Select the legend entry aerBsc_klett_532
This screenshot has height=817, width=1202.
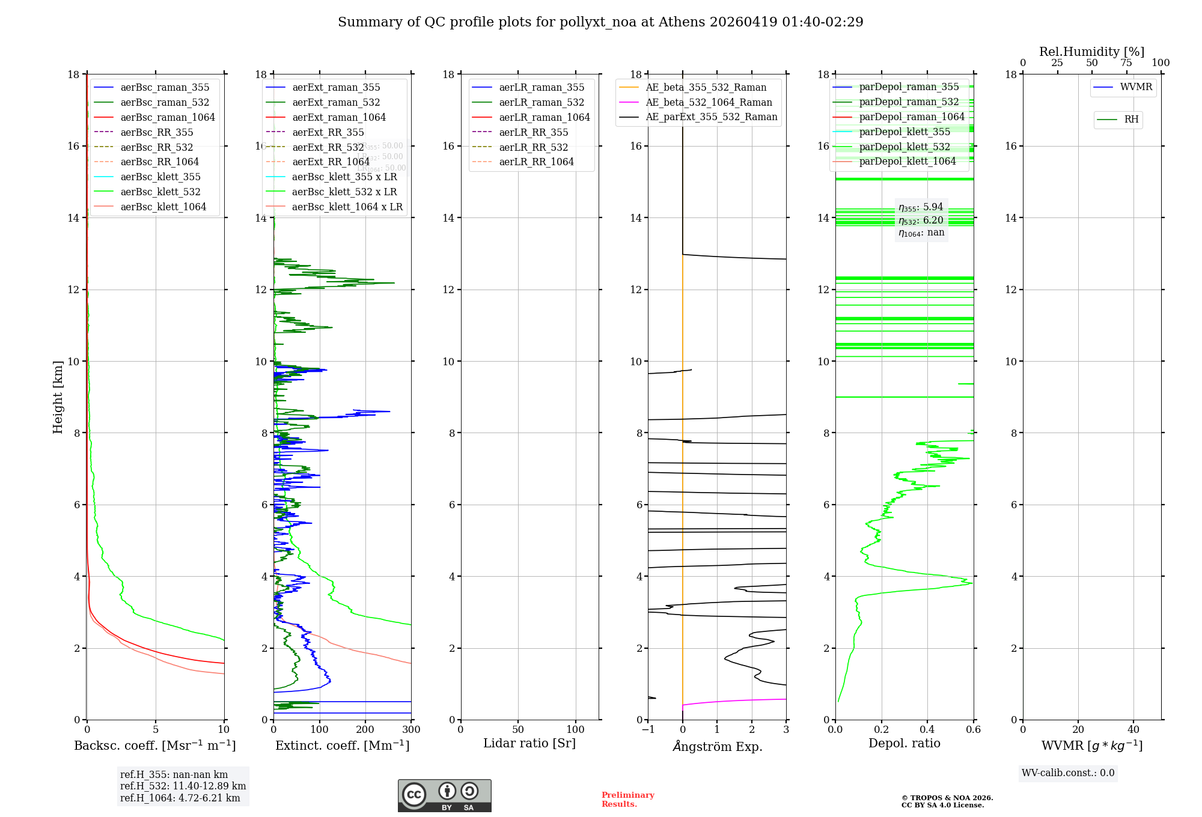click(160, 192)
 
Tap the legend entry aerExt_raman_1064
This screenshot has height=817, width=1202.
click(339, 117)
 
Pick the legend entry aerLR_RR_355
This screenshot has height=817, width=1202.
click(533, 132)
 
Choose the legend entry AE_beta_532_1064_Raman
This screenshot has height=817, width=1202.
click(709, 102)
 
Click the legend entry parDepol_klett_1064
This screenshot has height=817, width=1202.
click(907, 161)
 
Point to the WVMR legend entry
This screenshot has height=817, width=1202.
click(1135, 87)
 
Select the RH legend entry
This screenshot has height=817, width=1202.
click(1130, 120)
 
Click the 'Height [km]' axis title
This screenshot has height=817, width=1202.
click(58, 396)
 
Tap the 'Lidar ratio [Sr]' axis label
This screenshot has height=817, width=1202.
click(529, 743)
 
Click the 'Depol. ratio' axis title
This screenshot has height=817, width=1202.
click(904, 743)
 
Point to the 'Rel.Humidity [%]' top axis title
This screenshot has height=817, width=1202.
click(1091, 52)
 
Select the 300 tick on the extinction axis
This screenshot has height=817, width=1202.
click(411, 729)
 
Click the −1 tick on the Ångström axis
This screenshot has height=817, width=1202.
click(647, 729)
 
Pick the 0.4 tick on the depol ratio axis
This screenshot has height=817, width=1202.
click(927, 729)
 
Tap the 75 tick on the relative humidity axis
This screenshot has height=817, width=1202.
click(1126, 63)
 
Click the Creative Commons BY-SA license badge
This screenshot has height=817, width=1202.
click(444, 795)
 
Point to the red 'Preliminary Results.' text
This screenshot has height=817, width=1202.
click(627, 799)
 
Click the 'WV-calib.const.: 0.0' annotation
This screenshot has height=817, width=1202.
click(1067, 773)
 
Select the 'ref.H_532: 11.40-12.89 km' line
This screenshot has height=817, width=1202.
click(183, 786)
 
